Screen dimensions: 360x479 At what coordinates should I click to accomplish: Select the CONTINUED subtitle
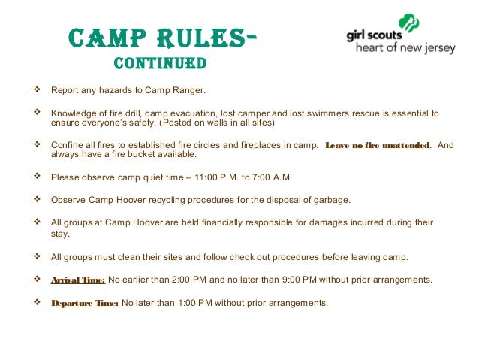[160, 63]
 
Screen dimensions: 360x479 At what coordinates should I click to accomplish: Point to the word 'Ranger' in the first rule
[186, 92]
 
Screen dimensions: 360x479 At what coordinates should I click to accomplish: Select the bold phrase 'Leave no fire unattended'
[378, 145]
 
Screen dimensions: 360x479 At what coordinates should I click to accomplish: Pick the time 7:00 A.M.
[273, 177]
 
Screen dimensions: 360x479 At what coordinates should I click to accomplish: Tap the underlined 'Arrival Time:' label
[77, 280]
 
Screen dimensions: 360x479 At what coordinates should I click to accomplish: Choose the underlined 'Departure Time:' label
[84, 303]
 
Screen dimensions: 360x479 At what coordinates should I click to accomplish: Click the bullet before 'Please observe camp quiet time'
[38, 177]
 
